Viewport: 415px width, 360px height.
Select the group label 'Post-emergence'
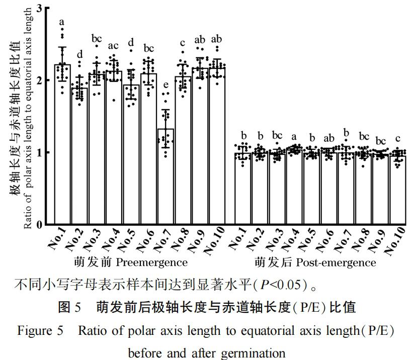click(x=336, y=262)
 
